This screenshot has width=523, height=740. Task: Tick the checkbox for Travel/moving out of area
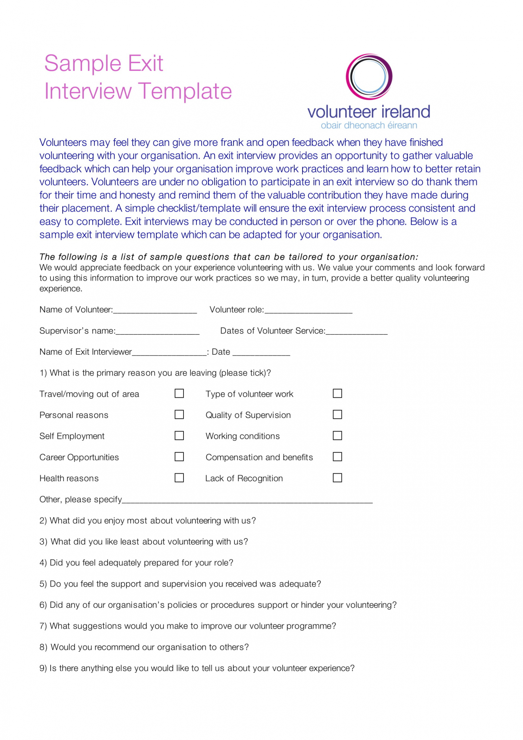(179, 393)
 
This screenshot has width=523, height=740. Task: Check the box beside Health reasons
(179, 478)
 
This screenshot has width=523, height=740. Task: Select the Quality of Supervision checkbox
(337, 414)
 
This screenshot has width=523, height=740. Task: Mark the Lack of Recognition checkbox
(337, 478)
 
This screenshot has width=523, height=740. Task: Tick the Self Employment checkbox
(179, 435)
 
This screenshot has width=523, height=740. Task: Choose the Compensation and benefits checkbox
(337, 456)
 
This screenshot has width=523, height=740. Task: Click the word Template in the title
(185, 91)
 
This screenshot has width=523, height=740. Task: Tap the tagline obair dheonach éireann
(368, 125)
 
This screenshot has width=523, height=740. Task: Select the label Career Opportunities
(79, 457)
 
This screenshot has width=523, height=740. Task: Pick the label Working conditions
(243, 436)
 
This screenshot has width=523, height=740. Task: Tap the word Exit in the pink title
(145, 63)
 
